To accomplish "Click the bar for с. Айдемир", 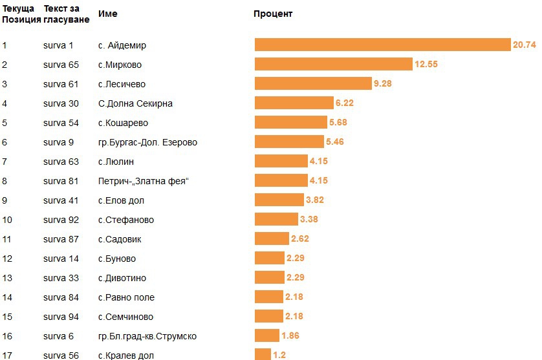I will click(x=382, y=45).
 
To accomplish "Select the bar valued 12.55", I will click(x=333, y=64).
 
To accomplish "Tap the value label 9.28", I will click(x=382, y=83).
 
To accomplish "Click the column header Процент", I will click(x=273, y=14).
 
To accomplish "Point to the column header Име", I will click(x=107, y=14).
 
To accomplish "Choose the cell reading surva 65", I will click(x=61, y=65).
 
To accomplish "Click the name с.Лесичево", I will click(x=122, y=84).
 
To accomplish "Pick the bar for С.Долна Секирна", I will click(x=294, y=103).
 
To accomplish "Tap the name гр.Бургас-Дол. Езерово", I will click(x=147, y=142).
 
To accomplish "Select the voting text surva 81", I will click(x=61, y=181).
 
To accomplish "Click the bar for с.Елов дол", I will click(x=279, y=200).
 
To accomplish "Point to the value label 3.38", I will click(x=309, y=219).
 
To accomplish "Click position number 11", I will click(x=7, y=239).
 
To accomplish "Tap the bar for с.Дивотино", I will click(x=269, y=277).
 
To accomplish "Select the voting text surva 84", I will click(x=61, y=297).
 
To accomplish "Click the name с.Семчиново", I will click(x=126, y=317).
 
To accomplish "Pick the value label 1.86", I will click(x=290, y=335).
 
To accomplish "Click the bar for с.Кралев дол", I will click(x=263, y=354).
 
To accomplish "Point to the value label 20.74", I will click(x=524, y=45).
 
